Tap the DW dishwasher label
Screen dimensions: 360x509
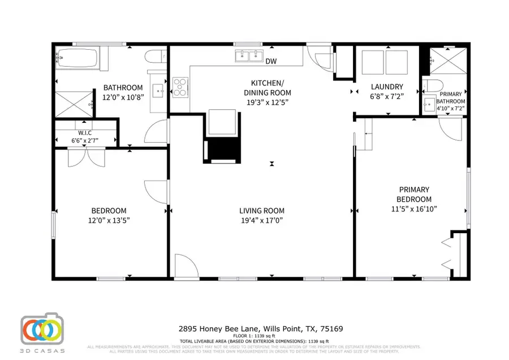pos(271,61)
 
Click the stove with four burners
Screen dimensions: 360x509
pos(179,87)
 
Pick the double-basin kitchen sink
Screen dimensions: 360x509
pos(249,56)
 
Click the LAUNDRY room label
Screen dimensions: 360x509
pos(387,87)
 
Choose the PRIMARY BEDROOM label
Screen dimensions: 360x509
pos(415,194)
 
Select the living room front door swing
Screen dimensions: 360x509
pos(184,266)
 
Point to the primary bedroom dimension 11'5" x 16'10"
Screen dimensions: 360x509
pos(415,209)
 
